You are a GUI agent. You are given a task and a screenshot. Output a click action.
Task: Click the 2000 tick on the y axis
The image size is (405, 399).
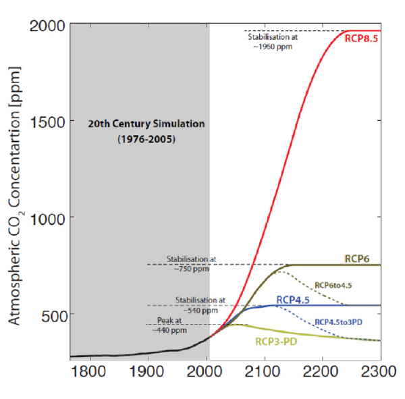[48, 25]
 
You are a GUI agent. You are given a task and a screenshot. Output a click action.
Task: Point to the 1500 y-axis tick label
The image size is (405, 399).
[48, 122]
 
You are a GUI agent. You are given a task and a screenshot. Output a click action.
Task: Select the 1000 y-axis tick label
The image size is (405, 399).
[48, 218]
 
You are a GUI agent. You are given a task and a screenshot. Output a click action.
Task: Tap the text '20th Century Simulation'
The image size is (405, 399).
[146, 124]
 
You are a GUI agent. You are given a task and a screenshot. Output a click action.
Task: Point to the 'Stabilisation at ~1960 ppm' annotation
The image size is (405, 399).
[273, 42]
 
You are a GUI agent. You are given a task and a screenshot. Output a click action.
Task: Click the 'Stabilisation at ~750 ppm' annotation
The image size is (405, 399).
[190, 263]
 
